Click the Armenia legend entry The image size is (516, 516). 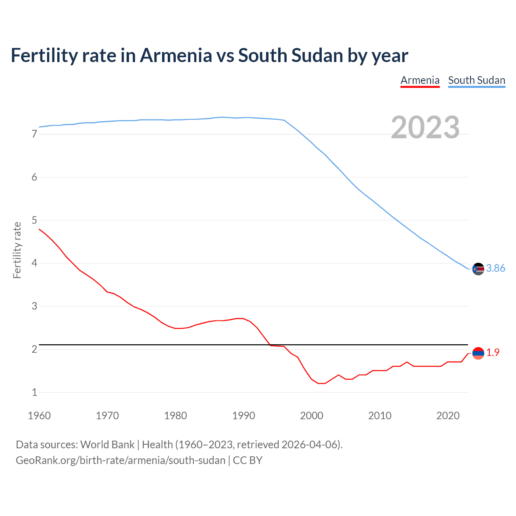pos(420,80)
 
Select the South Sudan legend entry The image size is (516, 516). pos(476,80)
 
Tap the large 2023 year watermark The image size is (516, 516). pos(425,127)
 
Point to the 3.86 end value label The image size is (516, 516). pos(495,268)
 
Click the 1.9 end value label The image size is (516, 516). pos(493,352)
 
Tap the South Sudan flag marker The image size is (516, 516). pos(478,269)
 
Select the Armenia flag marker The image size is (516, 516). pos(478,353)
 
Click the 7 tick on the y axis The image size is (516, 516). pos(34,134)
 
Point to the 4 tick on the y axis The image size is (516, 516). pos(34,263)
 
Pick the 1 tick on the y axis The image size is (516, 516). pos(34,392)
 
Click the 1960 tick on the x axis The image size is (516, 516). pos(39,416)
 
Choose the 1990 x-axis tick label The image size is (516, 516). pos(243,416)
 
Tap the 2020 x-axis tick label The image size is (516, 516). pos(448,416)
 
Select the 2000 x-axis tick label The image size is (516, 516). pos(312,416)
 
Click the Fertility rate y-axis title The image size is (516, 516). pos(17,250)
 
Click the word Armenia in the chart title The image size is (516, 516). pos(175,56)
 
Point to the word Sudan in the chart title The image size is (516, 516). pos(317,56)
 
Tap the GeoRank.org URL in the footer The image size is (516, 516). pos(121,460)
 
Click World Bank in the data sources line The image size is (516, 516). pos(107,445)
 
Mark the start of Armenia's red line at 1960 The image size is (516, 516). pos(39,229)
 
